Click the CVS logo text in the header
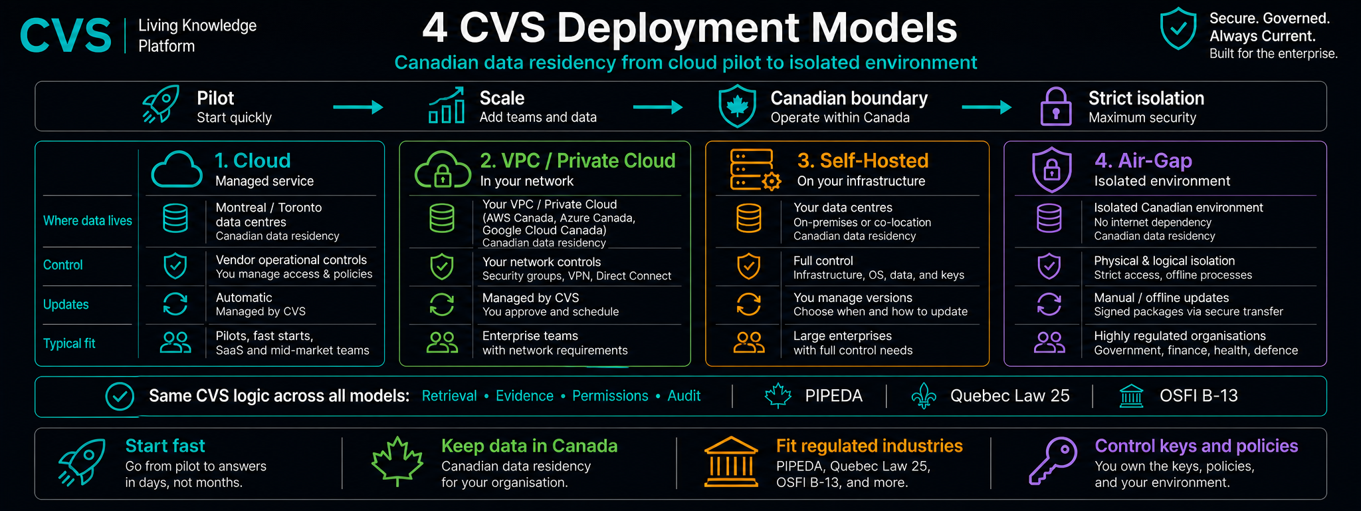tap(66, 36)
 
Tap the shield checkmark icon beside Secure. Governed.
tap(1178, 29)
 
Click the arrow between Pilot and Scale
tap(358, 107)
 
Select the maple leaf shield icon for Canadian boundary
tap(737, 106)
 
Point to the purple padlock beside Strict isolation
tap(1055, 106)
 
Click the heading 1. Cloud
tap(253, 160)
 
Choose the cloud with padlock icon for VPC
tap(442, 169)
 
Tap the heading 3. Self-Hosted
tap(863, 160)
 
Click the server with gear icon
tap(755, 170)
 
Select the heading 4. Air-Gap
tap(1143, 160)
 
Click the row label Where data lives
tap(88, 221)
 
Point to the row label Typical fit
tap(69, 343)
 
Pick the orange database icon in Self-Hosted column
tap(749, 218)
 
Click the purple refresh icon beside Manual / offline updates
tap(1049, 305)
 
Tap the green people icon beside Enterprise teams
tap(442, 343)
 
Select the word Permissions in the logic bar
tap(610, 396)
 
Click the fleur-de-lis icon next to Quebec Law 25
tap(924, 396)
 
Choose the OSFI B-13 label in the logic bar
tap(1198, 396)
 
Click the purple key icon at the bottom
tap(1053, 460)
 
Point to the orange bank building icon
tap(731, 462)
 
